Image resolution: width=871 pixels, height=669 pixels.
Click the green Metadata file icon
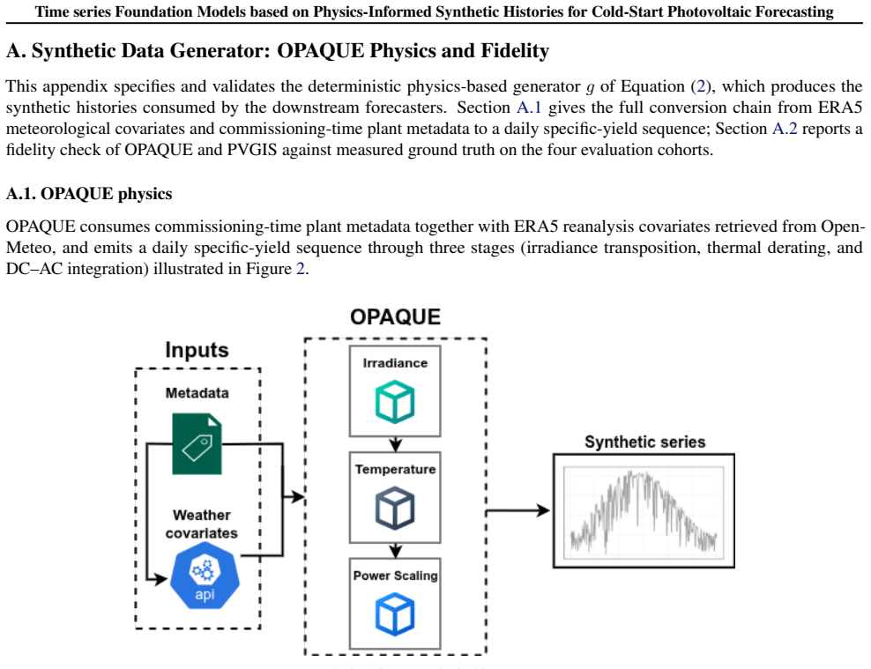197,443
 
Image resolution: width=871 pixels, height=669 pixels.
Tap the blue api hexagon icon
205,576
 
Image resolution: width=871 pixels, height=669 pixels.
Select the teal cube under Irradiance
395,402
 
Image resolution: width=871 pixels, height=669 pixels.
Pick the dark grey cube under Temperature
395,508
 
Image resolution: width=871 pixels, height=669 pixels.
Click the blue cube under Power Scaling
395,614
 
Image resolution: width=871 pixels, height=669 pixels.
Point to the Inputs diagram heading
197,350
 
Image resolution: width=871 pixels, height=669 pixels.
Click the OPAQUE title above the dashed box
396,317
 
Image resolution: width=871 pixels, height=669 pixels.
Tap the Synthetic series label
645,442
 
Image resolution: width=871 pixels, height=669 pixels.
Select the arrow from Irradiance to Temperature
395,444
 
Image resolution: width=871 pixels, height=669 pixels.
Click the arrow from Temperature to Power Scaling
395,550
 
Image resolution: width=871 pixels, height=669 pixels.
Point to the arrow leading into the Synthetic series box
518,510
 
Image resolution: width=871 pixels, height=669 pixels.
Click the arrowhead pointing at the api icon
160,580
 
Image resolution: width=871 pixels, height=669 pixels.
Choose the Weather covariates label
201,524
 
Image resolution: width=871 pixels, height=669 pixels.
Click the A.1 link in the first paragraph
529,108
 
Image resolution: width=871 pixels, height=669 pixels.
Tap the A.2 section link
785,129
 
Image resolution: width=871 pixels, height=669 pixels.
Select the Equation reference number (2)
701,86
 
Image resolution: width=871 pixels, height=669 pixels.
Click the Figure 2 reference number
300,269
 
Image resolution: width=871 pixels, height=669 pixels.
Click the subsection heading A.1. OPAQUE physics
89,194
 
